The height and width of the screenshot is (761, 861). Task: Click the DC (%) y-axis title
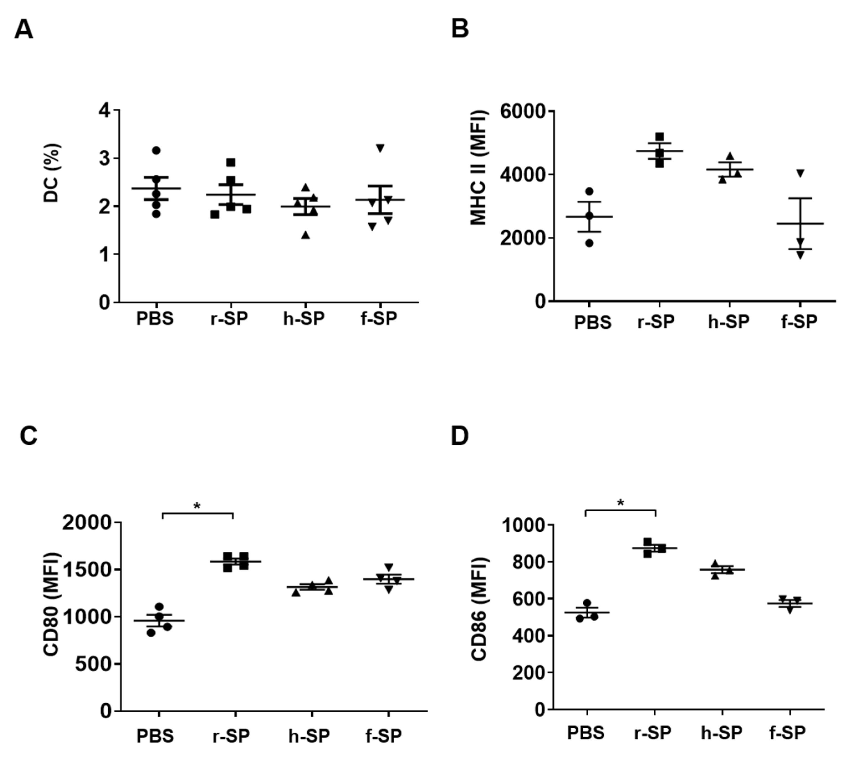point(52,173)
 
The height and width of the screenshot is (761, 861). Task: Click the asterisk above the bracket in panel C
point(197,506)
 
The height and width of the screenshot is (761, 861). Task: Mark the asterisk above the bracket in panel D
point(620,503)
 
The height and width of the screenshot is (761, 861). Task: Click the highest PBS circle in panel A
point(156,151)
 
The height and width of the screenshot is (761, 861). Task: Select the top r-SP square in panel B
point(659,137)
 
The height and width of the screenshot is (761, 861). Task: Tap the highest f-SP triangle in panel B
point(800,173)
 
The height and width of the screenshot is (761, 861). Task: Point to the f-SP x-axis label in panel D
point(787,732)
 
